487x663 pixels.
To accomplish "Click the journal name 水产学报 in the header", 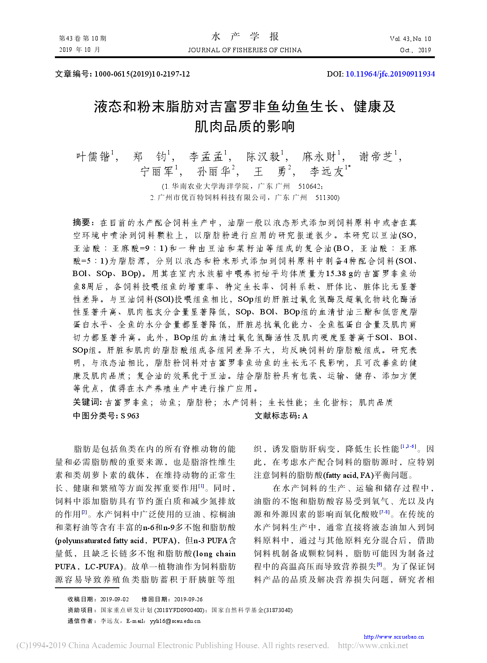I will pyautogui.click(x=245, y=37).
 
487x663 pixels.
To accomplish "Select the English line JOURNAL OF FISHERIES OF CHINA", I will pyautogui.click(x=245, y=50).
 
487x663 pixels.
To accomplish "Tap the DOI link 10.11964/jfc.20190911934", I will pyautogui.click(x=390, y=74).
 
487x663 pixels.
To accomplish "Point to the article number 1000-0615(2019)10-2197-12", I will pyautogui.click(x=142, y=74).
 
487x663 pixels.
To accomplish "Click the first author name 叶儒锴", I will pyautogui.click(x=93, y=157).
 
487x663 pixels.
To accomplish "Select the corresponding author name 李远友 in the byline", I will pyautogui.click(x=327, y=172).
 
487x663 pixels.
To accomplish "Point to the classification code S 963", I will pyautogui.click(x=130, y=416).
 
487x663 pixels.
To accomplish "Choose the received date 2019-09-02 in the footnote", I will pyautogui.click(x=114, y=599).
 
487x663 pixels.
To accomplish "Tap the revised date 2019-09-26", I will pyautogui.click(x=188, y=599).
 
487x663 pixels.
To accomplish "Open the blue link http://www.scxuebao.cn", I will pyautogui.click(x=394, y=636).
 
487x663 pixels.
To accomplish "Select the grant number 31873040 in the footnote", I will pyautogui.click(x=278, y=610).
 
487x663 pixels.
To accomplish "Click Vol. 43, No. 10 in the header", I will pyautogui.click(x=410, y=39).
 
